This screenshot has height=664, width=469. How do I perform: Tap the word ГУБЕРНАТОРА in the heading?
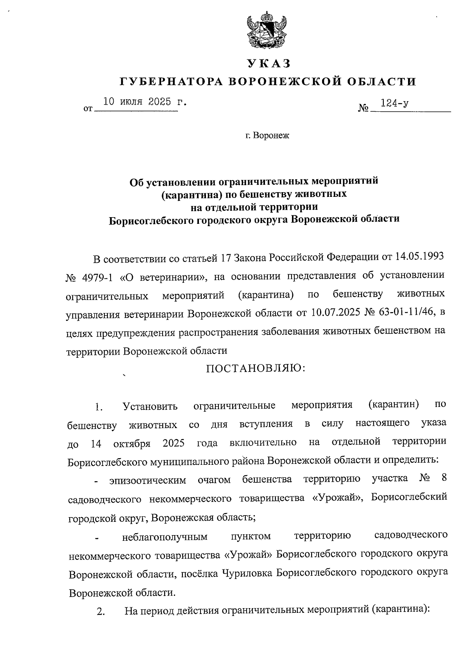coord(170,81)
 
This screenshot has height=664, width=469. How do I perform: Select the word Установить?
coord(150,406)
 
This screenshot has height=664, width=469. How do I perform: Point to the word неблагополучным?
coord(165,537)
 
